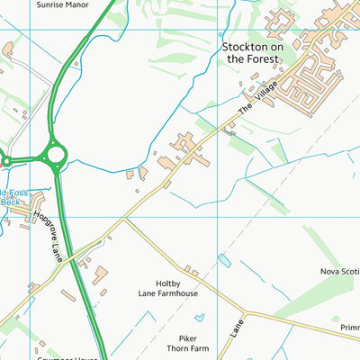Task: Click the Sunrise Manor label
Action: [x=64, y=4]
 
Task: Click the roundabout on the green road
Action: [x=55, y=155]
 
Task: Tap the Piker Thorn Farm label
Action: [x=187, y=343]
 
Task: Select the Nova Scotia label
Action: [x=339, y=271]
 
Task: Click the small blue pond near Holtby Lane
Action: [x=224, y=261]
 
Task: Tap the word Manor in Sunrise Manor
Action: [x=80, y=4]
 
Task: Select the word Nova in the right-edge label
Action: [x=330, y=271]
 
